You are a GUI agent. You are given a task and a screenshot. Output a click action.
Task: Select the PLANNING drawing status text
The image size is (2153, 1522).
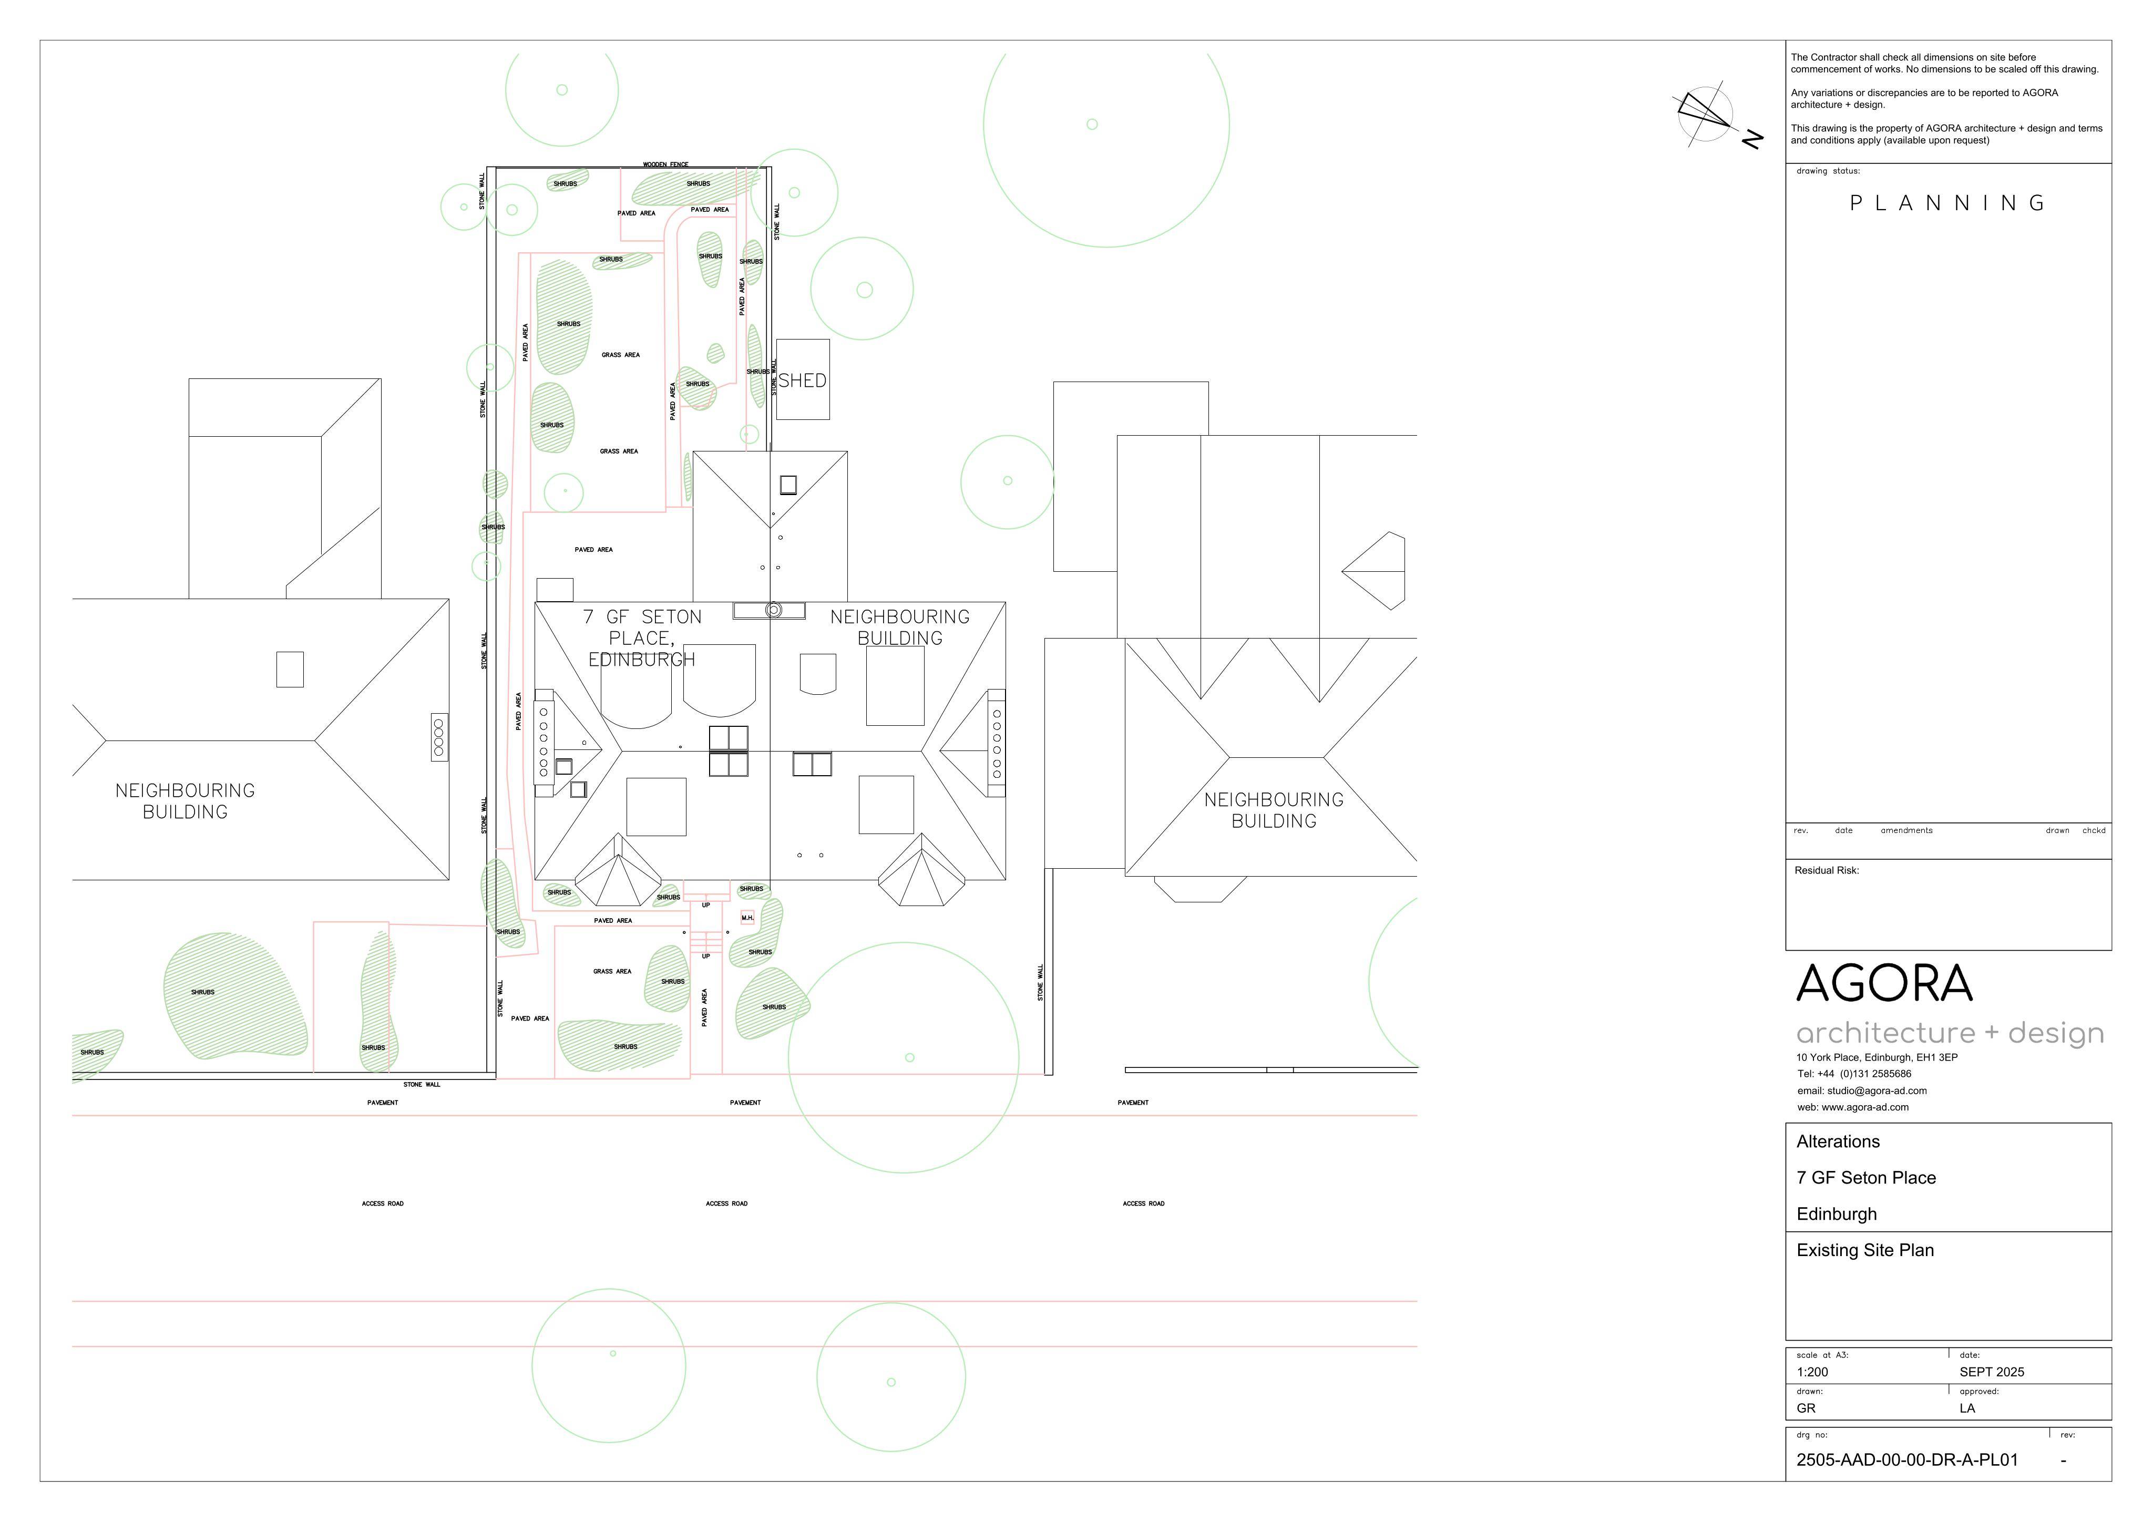(1947, 203)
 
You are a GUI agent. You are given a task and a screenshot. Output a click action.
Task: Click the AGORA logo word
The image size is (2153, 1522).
(1885, 984)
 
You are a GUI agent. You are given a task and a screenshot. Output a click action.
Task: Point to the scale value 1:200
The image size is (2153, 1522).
(1812, 1372)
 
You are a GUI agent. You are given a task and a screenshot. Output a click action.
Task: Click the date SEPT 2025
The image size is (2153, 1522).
(1992, 1372)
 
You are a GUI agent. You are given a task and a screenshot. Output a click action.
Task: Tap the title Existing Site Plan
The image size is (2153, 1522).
(1865, 1250)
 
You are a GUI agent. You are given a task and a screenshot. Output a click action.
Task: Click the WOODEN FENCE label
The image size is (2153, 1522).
(666, 165)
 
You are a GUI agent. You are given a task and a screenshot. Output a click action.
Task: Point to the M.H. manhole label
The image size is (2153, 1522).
(747, 918)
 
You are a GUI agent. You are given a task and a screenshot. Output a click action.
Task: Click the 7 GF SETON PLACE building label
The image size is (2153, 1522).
(642, 637)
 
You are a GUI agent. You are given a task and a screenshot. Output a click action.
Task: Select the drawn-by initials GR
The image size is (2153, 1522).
(1806, 1408)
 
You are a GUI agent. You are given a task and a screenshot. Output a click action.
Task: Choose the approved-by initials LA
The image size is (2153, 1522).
(1967, 1408)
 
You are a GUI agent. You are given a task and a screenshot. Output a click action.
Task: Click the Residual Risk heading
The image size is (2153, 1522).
(1827, 870)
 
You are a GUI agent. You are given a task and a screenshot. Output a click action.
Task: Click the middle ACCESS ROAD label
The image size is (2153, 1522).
(727, 1203)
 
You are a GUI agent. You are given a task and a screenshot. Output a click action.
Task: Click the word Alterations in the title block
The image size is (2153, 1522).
(1838, 1141)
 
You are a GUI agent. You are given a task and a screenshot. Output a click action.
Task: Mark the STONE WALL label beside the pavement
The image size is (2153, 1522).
(422, 1085)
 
